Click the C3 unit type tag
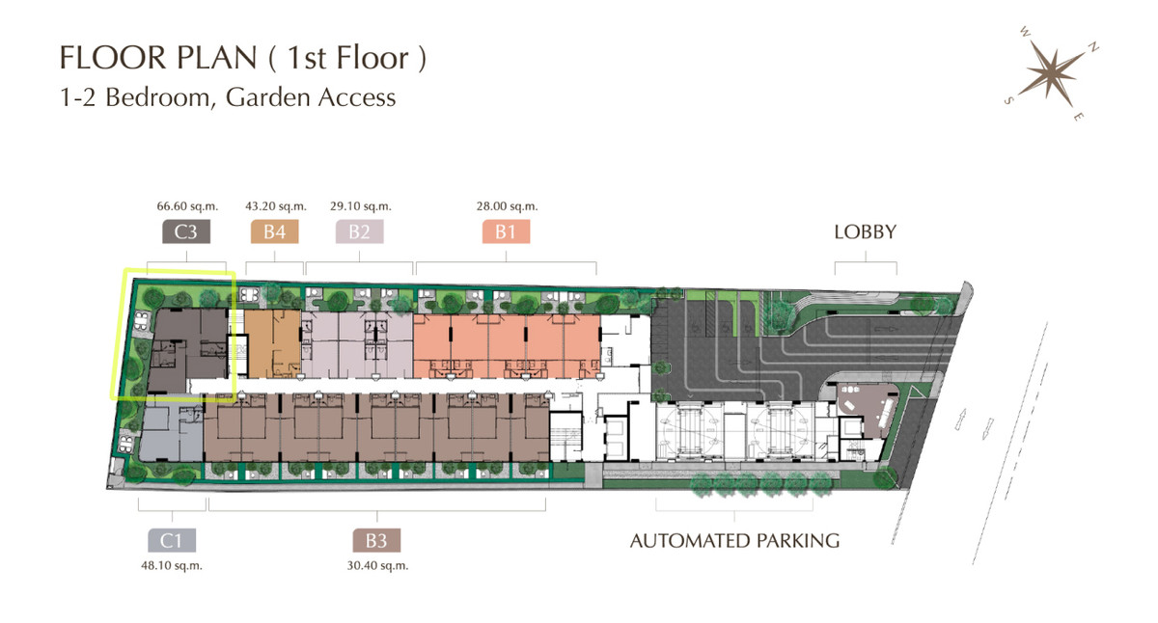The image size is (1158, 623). [x=186, y=231]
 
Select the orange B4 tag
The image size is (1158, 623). [x=274, y=231]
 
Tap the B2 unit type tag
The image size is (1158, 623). [x=359, y=231]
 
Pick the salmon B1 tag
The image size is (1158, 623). [x=506, y=231]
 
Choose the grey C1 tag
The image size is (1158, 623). [x=172, y=540]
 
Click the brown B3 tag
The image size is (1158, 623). [x=376, y=540]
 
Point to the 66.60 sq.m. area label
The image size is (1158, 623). [x=187, y=206]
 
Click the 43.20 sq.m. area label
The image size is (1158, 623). [x=276, y=206]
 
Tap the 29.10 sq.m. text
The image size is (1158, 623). [x=361, y=206]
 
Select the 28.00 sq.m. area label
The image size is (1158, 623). [x=508, y=206]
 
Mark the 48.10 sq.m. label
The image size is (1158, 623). [x=172, y=566]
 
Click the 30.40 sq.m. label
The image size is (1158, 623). [x=377, y=566]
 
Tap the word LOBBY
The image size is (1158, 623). [x=865, y=232]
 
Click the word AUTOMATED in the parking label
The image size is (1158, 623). [x=690, y=541]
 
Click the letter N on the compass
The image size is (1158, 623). [x=1093, y=48]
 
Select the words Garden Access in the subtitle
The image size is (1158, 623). [x=311, y=97]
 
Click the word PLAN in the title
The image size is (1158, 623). [x=216, y=57]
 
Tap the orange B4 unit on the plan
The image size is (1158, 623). [x=272, y=343]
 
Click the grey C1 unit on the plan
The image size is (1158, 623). [x=171, y=433]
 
